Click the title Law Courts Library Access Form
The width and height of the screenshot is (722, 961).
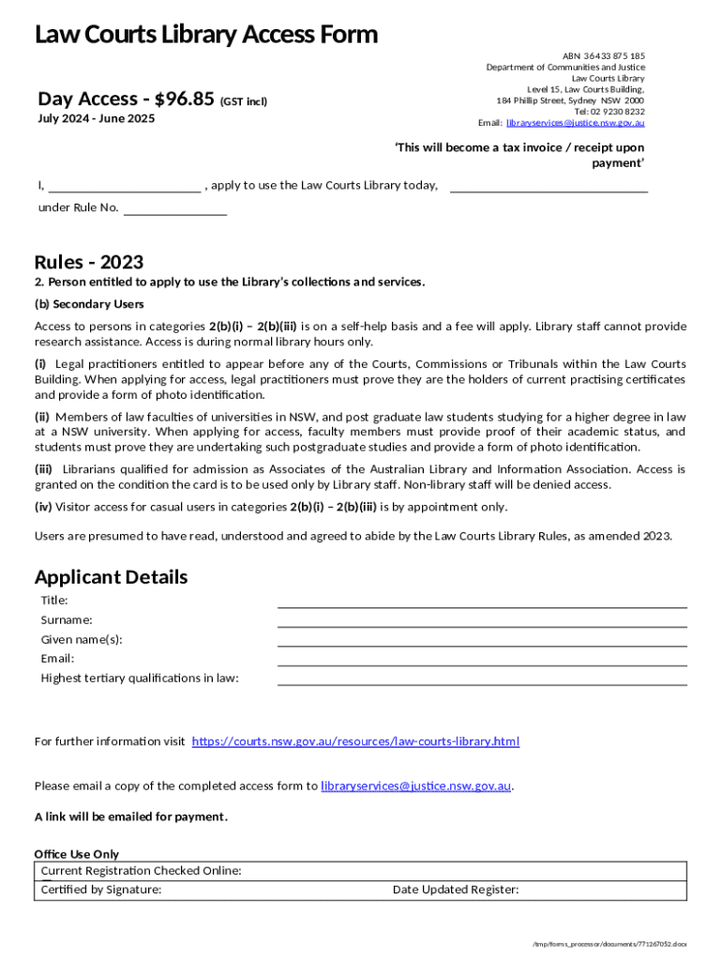[206, 35]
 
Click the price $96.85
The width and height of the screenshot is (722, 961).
[185, 99]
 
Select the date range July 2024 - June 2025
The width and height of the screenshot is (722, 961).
[97, 118]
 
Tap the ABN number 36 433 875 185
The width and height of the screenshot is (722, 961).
[616, 55]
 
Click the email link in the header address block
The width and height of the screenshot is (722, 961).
[575, 123]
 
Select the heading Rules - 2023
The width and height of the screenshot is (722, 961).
[89, 263]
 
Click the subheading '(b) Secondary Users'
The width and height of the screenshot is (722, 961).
[89, 304]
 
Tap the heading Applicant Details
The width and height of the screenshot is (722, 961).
[111, 576]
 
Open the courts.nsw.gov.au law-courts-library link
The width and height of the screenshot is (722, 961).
[355, 741]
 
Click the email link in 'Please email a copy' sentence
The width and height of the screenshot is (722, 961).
[415, 786]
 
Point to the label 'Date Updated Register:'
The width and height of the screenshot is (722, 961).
[456, 890]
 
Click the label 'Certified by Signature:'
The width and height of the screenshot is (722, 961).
[101, 890]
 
